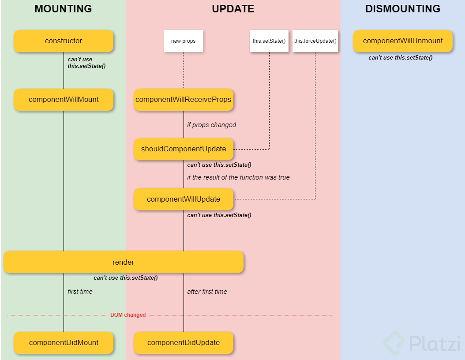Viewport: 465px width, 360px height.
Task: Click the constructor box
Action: [64, 41]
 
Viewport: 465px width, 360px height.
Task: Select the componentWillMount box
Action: [64, 100]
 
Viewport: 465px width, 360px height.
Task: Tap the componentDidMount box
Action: [64, 343]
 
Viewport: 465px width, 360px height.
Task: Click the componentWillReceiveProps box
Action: [184, 100]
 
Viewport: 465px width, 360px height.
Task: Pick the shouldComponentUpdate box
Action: [184, 149]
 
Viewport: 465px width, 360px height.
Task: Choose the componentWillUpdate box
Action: [184, 199]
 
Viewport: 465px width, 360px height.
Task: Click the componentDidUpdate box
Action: [184, 343]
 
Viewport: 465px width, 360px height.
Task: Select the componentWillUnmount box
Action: [402, 41]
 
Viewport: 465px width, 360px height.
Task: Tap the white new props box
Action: [184, 41]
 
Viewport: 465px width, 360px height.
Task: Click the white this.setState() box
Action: [269, 41]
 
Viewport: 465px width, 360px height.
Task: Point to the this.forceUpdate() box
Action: [315, 41]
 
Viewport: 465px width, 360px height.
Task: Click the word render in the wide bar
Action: [124, 262]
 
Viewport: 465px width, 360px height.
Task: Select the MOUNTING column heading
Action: [63, 9]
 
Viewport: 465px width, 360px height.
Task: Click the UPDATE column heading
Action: [233, 9]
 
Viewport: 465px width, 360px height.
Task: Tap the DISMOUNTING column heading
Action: [402, 9]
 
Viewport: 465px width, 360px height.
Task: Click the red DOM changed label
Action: [128, 315]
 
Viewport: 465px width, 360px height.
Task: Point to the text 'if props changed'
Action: [211, 125]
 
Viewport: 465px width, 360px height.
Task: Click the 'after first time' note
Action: [207, 292]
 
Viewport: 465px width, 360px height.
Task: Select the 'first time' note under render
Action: [80, 292]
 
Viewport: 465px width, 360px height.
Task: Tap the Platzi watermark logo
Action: [421, 343]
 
